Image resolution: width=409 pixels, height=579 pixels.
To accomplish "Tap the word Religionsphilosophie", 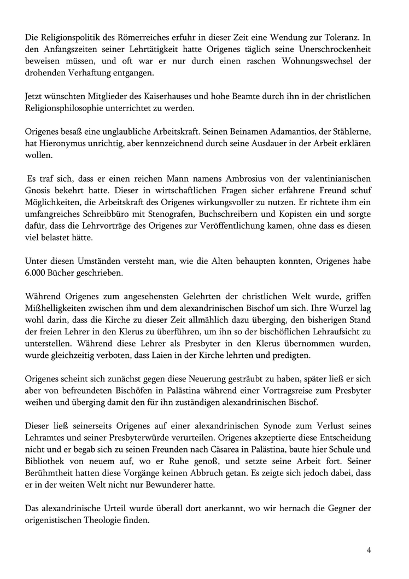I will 71,108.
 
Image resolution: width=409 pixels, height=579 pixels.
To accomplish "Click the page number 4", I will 369,550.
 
